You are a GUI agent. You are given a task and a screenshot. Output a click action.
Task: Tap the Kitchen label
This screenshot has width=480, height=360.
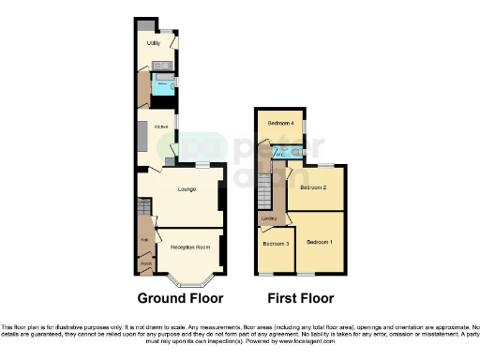[x=147, y=124]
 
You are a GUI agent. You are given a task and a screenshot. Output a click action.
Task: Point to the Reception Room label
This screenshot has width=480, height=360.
[x=189, y=247]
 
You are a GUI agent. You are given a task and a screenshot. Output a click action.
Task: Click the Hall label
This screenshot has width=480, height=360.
[x=144, y=239]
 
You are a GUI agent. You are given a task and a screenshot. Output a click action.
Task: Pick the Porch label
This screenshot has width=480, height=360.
[x=145, y=265]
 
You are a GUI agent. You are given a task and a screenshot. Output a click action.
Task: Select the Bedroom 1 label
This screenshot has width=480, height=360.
[x=320, y=242]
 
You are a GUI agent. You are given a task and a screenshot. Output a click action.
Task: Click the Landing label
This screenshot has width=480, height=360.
[x=268, y=221]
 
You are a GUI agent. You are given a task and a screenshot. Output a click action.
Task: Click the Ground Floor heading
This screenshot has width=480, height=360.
[x=180, y=300]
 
